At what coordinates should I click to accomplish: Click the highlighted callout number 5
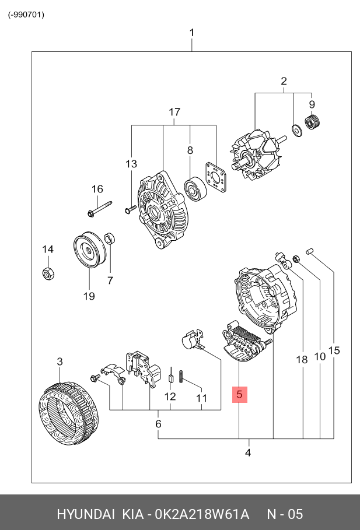pyautogui.click(x=240, y=395)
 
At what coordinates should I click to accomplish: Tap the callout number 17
pyautogui.click(x=174, y=112)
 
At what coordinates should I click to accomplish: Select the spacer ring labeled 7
pyautogui.click(x=109, y=238)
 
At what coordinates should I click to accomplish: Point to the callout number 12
pyautogui.click(x=170, y=397)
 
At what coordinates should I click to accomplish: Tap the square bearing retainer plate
pyautogui.click(x=217, y=178)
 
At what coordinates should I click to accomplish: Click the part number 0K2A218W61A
pyautogui.click(x=202, y=514)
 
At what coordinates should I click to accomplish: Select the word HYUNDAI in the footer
pyautogui.click(x=85, y=514)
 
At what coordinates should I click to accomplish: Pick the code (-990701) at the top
pyautogui.click(x=26, y=15)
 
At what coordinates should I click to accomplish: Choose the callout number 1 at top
pyautogui.click(x=191, y=33)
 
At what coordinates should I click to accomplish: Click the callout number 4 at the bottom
pyautogui.click(x=248, y=452)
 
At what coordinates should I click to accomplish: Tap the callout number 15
pyautogui.click(x=334, y=350)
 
